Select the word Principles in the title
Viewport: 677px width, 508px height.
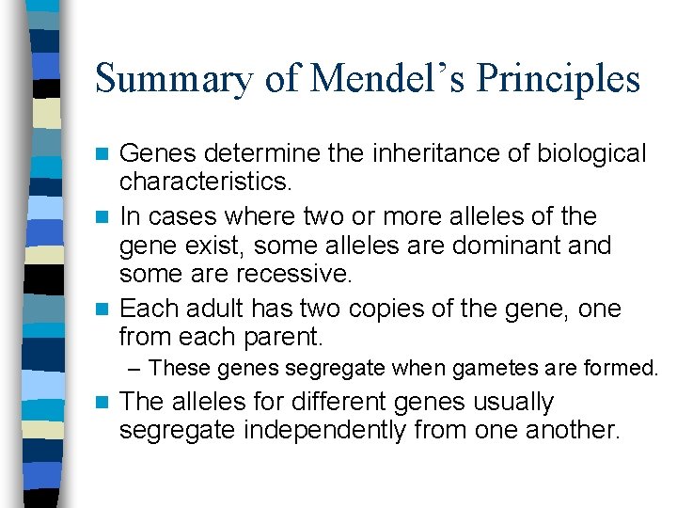(559, 79)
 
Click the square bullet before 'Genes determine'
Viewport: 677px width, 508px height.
(107, 154)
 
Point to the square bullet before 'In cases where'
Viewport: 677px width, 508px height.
(107, 217)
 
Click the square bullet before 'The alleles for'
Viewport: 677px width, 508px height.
(107, 403)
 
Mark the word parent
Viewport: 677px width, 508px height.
(288, 336)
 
